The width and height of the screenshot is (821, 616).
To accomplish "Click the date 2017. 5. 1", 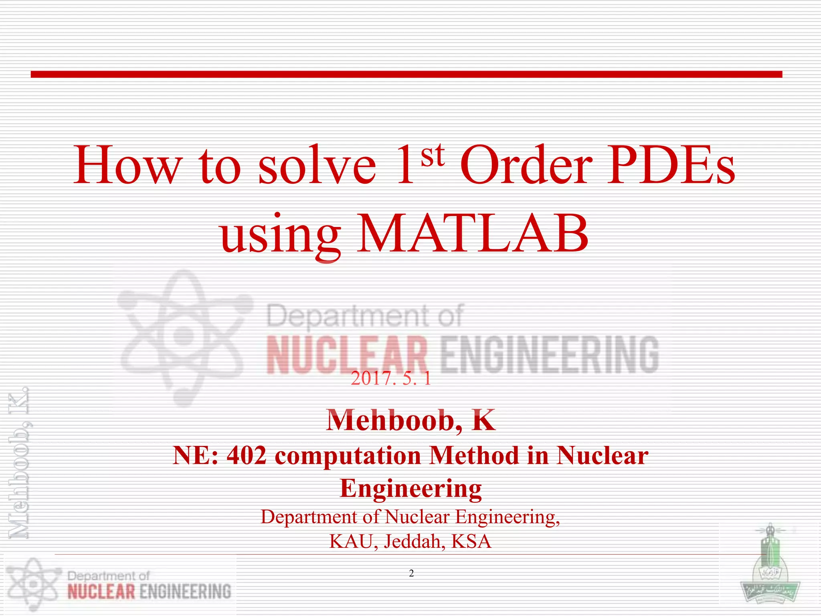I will [391, 378].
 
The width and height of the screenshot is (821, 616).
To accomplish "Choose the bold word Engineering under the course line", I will [411, 488].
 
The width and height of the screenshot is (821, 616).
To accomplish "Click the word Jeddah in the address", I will [415, 541].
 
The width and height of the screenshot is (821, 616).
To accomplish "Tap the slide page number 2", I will [411, 573].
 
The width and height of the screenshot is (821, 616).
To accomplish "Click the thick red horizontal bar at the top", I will [406, 74].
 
